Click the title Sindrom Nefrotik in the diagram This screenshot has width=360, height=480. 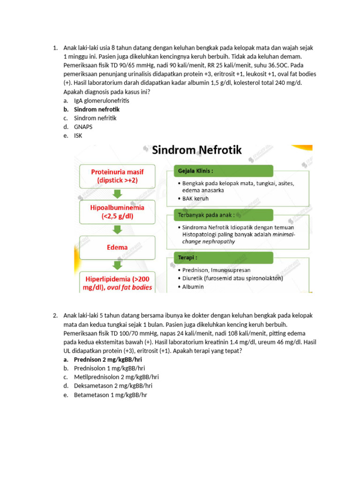coord(197,150)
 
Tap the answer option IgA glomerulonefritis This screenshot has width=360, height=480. coord(101,100)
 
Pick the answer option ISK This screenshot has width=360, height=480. coord(78,136)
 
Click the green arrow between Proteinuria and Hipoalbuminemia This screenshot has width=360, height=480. coord(118,193)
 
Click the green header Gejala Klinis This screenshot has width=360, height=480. coord(218,171)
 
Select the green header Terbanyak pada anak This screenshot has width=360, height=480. coord(218,215)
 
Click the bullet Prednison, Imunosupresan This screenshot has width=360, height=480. coord(214,270)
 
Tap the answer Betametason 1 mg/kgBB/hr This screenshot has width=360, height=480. coord(111,395)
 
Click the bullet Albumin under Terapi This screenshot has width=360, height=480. coord(193,286)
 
